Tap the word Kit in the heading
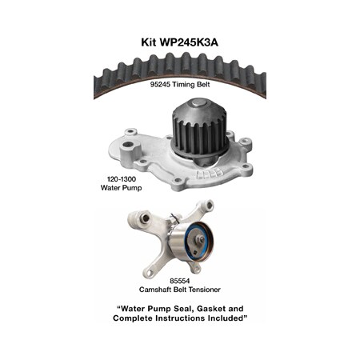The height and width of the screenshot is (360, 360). pos(149,42)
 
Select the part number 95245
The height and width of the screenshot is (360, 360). pos(160,85)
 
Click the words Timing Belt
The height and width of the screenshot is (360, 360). pos(191,85)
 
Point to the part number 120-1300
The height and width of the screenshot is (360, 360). pos(122,179)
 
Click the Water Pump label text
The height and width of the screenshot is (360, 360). pos(121,188)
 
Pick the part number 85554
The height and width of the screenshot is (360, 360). pos(180,281)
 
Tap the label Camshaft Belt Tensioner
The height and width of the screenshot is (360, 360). pos(180,290)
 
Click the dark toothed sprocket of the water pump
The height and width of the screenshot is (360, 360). pos(199,130)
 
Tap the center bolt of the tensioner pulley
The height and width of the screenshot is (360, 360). pos(202,239)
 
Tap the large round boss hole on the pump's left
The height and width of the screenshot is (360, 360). pos(127,146)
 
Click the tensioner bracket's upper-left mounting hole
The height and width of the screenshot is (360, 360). pos(146,218)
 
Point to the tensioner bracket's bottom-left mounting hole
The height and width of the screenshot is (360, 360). pos(150,273)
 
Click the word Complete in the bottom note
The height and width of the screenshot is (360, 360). pos(133,318)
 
